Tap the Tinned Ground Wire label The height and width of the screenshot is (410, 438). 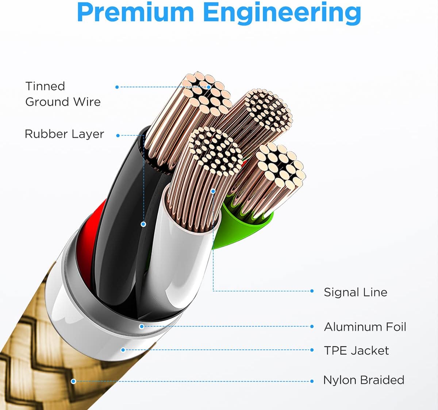(x=63, y=94)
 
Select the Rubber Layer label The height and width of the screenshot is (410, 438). (x=64, y=134)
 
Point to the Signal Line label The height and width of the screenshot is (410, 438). (x=355, y=292)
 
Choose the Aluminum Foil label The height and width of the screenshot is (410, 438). (x=365, y=327)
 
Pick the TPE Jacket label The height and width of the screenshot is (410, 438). (x=356, y=351)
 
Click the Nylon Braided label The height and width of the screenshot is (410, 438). (x=364, y=380)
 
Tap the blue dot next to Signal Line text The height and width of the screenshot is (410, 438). (x=312, y=291)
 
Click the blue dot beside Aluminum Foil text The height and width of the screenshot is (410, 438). (x=312, y=326)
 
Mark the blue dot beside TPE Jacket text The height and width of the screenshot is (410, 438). (x=312, y=350)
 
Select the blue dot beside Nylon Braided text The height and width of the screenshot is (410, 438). (x=312, y=381)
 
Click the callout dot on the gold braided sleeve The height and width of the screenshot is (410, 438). (x=73, y=381)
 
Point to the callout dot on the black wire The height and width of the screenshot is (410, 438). (x=143, y=224)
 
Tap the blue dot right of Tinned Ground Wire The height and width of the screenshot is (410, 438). (x=117, y=87)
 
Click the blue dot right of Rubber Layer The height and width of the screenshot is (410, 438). (x=118, y=135)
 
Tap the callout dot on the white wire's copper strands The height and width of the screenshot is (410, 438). (x=213, y=191)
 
